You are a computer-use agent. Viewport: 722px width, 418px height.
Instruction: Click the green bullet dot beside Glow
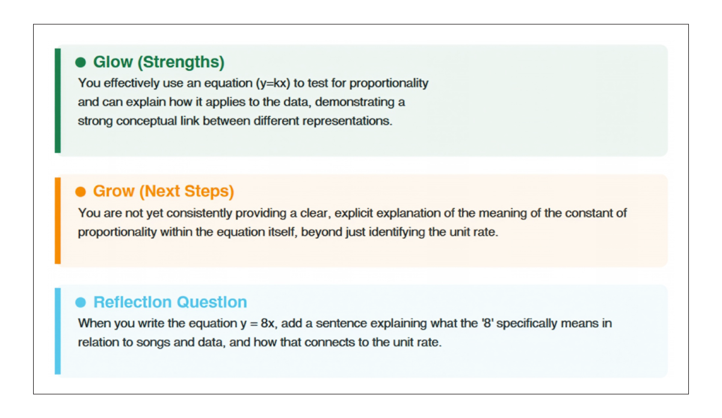81,62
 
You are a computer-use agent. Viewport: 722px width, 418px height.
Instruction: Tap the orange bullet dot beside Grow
81,191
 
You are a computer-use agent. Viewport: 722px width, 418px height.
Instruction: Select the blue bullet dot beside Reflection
81,303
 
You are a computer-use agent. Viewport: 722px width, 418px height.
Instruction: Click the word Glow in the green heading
113,62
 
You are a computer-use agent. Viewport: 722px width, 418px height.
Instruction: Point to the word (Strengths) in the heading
181,63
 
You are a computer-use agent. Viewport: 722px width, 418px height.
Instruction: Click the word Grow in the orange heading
114,191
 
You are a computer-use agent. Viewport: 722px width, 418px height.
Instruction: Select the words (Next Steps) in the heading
187,191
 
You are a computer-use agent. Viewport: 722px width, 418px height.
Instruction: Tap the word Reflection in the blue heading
132,302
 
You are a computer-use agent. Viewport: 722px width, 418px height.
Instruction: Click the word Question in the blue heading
212,302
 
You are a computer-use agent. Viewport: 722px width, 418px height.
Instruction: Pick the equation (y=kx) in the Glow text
273,84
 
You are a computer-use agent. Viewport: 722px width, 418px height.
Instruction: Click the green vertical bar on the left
58,100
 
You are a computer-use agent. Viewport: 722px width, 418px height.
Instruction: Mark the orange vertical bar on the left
58,221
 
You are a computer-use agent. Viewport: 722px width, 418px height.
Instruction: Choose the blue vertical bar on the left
58,331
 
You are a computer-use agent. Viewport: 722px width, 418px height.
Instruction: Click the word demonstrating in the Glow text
354,102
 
